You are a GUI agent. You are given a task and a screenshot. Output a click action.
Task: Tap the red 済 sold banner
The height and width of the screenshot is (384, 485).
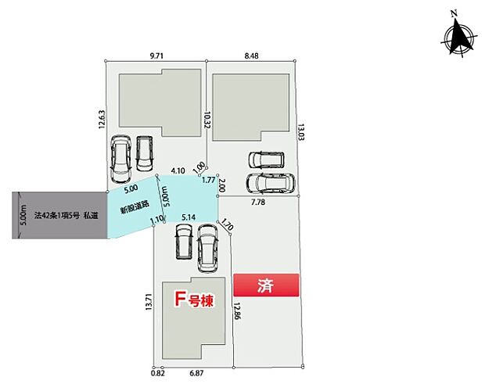[x=266, y=285]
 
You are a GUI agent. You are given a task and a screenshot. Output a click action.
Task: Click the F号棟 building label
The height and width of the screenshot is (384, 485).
[x=194, y=300]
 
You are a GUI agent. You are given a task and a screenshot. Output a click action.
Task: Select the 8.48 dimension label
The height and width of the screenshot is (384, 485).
[x=252, y=56]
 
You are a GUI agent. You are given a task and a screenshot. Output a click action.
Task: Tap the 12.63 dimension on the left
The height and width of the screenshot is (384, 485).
[x=102, y=118]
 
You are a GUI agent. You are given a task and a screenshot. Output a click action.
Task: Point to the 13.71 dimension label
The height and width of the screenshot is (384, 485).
[x=149, y=303]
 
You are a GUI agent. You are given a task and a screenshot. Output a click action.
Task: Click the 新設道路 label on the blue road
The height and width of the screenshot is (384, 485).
[x=131, y=210]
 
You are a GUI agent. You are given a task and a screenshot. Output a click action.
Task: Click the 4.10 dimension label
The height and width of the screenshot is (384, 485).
[x=178, y=170]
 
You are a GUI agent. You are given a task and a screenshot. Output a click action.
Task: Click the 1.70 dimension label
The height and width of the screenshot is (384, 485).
[x=227, y=228]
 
